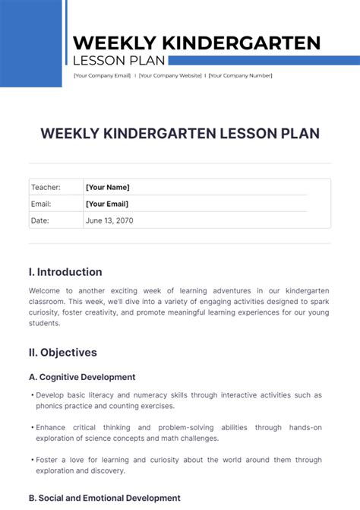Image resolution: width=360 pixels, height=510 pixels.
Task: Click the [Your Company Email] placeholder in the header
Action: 102,75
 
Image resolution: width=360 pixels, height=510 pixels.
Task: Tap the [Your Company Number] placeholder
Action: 240,75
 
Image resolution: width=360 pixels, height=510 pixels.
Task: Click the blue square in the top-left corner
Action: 30,43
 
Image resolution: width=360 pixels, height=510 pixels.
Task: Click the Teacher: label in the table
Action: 45,187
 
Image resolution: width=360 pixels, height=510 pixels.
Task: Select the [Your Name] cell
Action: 108,187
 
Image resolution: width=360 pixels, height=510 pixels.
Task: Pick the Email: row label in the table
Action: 41,204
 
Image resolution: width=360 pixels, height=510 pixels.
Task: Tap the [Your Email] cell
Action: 107,204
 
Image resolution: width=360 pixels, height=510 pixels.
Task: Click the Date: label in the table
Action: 39,220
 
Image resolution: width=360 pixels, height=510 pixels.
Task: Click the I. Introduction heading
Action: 65,272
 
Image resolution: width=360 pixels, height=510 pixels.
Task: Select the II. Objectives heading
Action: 63,353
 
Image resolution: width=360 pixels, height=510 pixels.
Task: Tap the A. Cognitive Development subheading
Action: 82,377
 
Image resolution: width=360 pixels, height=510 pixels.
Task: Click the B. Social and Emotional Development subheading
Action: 104,498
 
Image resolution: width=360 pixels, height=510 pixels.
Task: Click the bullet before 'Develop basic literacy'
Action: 32,395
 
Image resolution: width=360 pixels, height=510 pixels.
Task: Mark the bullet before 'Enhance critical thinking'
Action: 32,427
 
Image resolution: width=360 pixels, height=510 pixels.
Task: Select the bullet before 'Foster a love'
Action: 32,460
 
